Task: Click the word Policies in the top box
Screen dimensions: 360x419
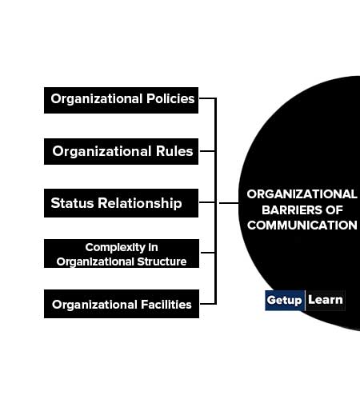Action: [170, 98]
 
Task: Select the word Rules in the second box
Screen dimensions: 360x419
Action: [174, 151]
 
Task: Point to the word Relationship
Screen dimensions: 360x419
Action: [140, 204]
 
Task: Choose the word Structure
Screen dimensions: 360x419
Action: [162, 261]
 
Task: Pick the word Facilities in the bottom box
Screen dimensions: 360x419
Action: [166, 305]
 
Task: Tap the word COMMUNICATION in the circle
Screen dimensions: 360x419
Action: [302, 225]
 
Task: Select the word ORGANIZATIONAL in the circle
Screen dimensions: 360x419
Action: [302, 194]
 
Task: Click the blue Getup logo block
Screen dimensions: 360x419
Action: [285, 300]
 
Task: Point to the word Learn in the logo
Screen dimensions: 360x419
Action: [326, 300]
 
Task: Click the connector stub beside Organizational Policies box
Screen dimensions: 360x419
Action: [207, 98]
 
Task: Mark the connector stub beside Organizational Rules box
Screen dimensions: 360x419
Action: [207, 151]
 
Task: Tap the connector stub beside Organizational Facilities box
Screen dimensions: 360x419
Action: [208, 304]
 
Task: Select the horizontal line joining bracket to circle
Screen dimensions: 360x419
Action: [229, 203]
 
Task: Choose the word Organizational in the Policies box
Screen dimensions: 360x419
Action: [97, 99]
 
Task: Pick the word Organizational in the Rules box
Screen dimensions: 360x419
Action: [102, 151]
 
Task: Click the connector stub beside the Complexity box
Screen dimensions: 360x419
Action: [208, 252]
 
